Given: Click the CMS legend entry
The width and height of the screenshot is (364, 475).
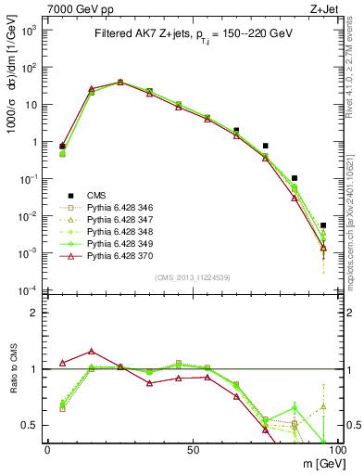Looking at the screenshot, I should point(97,195).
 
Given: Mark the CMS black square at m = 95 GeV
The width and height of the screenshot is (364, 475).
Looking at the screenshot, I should point(323,225).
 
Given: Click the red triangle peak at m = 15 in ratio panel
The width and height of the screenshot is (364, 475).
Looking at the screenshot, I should point(91,352).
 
